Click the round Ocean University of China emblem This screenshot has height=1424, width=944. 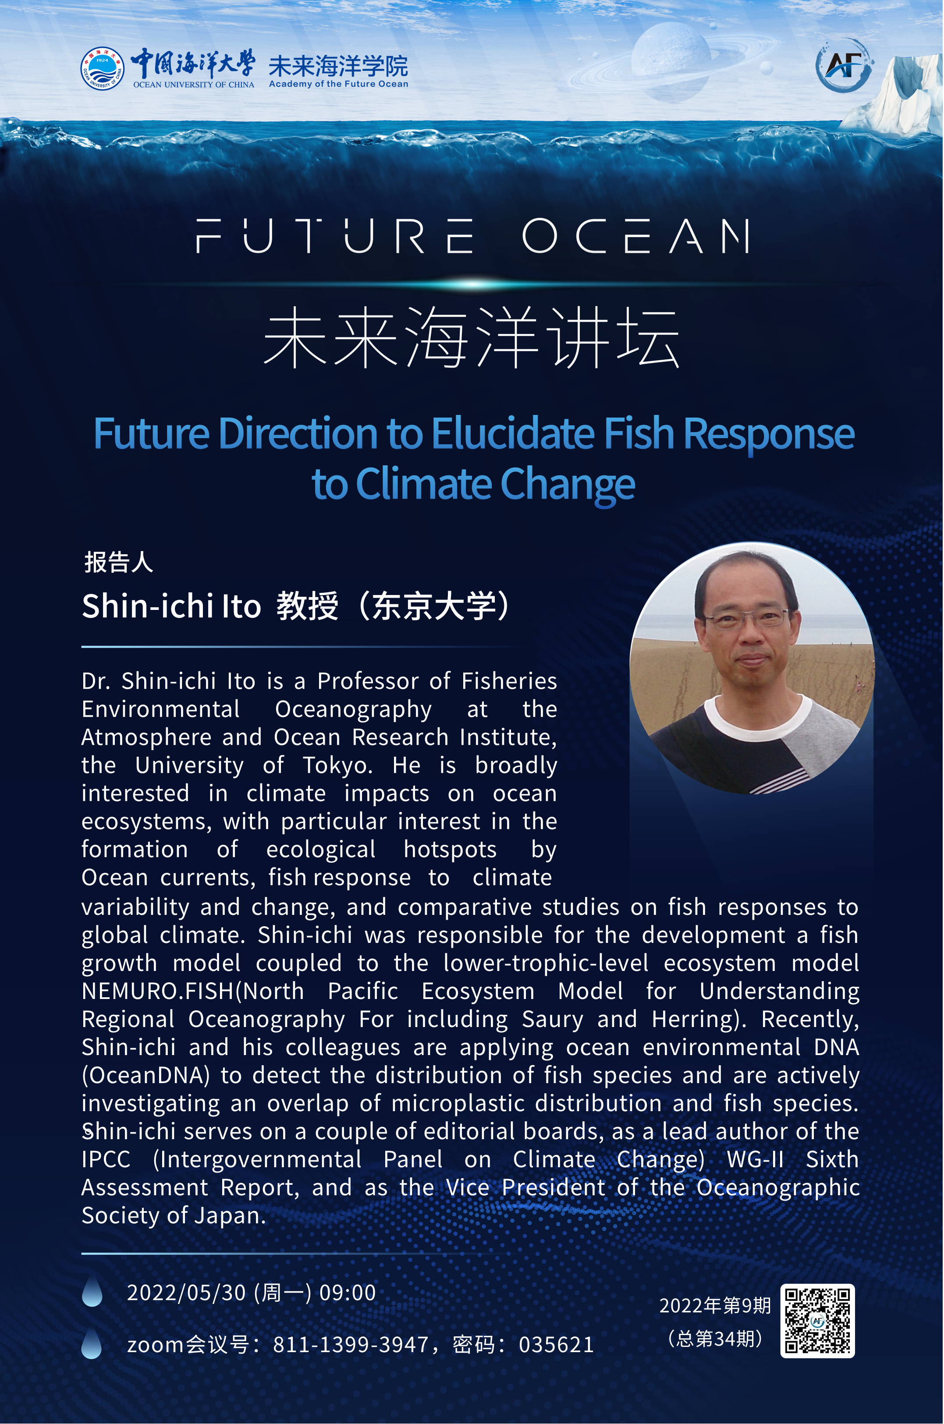coord(103,69)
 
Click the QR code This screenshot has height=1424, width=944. coord(817,1321)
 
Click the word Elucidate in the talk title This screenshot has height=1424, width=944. coord(512,433)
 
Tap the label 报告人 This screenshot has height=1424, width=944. coord(119,562)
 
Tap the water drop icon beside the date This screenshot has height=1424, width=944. coord(92,1290)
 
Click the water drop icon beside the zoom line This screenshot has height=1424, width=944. coord(92,1343)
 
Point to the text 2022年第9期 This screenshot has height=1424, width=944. coord(715,1305)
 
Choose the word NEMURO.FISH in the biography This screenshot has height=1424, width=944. coord(158,991)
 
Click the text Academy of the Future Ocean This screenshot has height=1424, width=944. coord(338,84)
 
